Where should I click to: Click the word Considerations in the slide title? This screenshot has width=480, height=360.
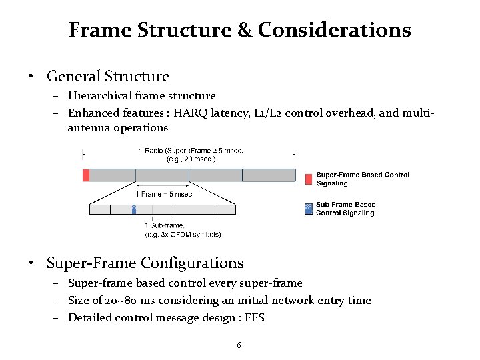pyautogui.click(x=334, y=30)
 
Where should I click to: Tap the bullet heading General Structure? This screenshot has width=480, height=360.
pyautogui.click(x=108, y=77)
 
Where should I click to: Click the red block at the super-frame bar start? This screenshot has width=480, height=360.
pyautogui.click(x=86, y=175)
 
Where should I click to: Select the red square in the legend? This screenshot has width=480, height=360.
pyautogui.click(x=308, y=179)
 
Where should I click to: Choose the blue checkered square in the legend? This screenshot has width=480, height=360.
pyautogui.click(x=308, y=209)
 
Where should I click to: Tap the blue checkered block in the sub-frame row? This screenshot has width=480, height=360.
pyautogui.click(x=133, y=209)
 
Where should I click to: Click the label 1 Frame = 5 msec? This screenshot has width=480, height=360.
pyautogui.click(x=164, y=194)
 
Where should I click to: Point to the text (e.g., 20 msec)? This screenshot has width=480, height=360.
pyautogui.click(x=191, y=159)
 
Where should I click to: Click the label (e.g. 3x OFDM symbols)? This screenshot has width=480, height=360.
pyautogui.click(x=183, y=234)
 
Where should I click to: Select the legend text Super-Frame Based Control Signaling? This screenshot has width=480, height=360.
pyautogui.click(x=363, y=179)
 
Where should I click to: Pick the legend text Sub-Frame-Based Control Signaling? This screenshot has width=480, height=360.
pyautogui.click(x=345, y=209)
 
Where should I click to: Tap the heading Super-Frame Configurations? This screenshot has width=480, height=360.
pyautogui.click(x=145, y=263)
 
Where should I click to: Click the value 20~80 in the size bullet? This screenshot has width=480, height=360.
pyautogui.click(x=117, y=301)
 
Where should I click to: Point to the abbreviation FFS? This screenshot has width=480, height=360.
pyautogui.click(x=253, y=318)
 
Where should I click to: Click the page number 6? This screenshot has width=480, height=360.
pyautogui.click(x=239, y=345)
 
